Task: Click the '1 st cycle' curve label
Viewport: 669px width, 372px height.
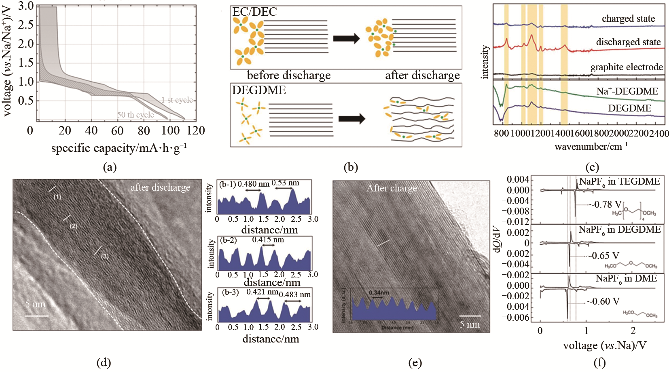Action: pyautogui.click(x=177, y=100)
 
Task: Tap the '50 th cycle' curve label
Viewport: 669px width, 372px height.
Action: pyautogui.click(x=135, y=115)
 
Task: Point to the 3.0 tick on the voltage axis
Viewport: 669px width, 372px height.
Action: pyautogui.click(x=26, y=6)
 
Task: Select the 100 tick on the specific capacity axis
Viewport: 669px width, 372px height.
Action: pyautogui.click(x=170, y=130)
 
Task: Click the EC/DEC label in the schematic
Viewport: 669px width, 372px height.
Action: pyautogui.click(x=254, y=12)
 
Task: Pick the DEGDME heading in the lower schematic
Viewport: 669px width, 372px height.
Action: pyautogui.click(x=259, y=90)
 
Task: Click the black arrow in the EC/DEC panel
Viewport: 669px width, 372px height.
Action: pyautogui.click(x=346, y=39)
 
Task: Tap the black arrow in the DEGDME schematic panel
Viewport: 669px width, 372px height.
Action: pyautogui.click(x=351, y=119)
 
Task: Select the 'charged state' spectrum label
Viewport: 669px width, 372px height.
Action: pyautogui.click(x=628, y=19)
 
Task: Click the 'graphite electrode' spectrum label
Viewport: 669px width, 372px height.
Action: pyautogui.click(x=627, y=67)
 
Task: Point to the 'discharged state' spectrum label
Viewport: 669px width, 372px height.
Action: pyautogui.click(x=628, y=42)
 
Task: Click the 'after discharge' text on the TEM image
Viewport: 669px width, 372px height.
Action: pyautogui.click(x=160, y=187)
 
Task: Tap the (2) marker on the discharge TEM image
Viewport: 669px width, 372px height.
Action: pyautogui.click(x=73, y=226)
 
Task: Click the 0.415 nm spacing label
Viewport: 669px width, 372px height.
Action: pyautogui.click(x=268, y=240)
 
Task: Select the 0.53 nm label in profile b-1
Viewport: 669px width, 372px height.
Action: pyautogui.click(x=285, y=183)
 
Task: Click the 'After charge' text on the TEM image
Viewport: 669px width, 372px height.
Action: pyautogui.click(x=392, y=188)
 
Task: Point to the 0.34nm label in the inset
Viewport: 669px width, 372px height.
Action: pyautogui.click(x=379, y=292)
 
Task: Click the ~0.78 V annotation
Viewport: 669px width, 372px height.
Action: pyautogui.click(x=605, y=204)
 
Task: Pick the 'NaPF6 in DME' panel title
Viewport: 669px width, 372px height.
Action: pyautogui.click(x=626, y=278)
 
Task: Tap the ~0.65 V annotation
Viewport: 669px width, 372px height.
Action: pyautogui.click(x=603, y=256)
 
